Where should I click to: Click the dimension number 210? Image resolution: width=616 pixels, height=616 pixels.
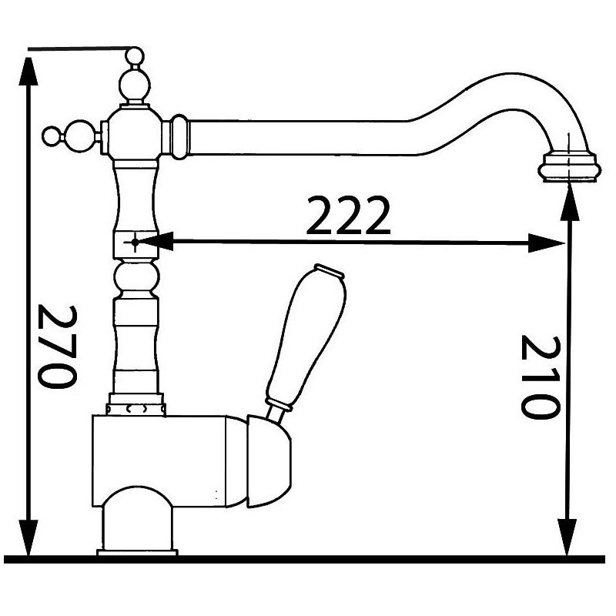(537, 376)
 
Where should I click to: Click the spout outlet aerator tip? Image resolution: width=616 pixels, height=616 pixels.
(568, 167)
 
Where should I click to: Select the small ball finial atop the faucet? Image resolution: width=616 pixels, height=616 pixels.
(134, 56)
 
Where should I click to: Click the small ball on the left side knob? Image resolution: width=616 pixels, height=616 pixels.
(51, 137)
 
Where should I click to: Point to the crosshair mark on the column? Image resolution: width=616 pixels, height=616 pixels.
(134, 243)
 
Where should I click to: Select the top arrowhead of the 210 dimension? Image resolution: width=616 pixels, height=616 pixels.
(568, 196)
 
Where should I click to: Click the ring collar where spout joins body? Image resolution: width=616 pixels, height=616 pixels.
(179, 137)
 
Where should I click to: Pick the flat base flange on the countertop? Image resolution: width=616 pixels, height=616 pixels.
(137, 551)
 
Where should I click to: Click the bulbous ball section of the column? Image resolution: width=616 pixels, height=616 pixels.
(136, 276)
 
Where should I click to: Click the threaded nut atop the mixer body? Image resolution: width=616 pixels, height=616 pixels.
(136, 405)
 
